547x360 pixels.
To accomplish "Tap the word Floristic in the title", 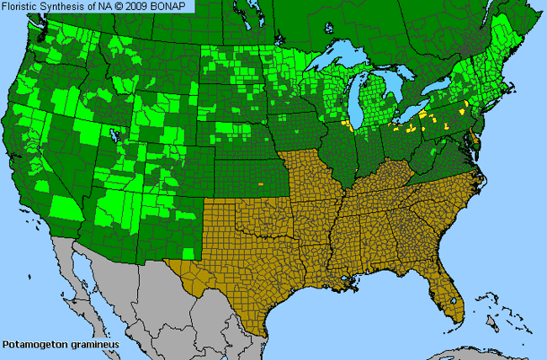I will (24, 6).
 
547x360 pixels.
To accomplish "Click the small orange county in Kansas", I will (261, 183).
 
